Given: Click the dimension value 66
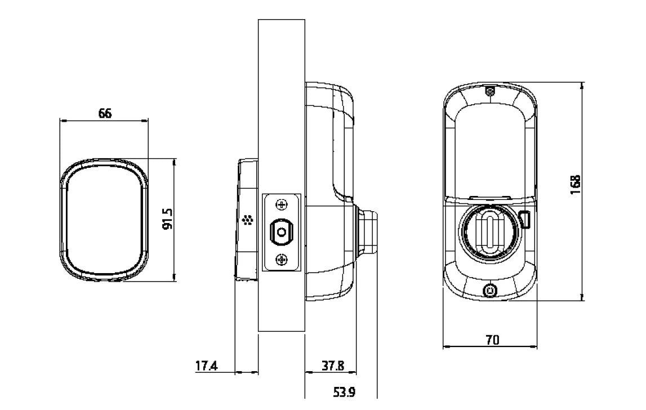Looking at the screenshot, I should (x=105, y=113).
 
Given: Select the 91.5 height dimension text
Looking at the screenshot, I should (x=167, y=219).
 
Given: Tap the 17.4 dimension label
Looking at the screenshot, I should (x=206, y=366).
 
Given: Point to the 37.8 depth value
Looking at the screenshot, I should (x=332, y=366).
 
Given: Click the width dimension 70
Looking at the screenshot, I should (x=491, y=340).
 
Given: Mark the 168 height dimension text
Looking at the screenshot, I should (x=574, y=184).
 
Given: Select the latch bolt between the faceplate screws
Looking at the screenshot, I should (x=282, y=231).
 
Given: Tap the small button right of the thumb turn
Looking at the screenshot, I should (x=525, y=220).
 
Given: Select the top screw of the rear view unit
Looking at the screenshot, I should (x=490, y=91).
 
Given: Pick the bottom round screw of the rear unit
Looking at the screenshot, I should (x=490, y=291).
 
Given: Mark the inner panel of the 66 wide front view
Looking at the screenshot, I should (x=104, y=220).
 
